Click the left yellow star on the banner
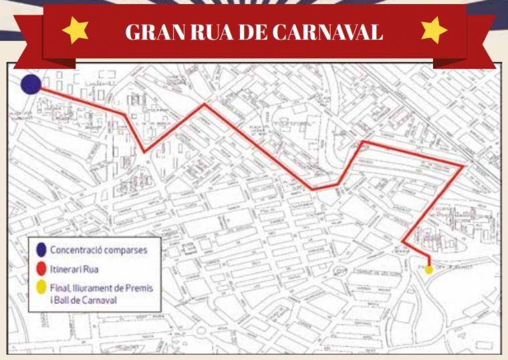pos(75,31)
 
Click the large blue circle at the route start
pos(31,85)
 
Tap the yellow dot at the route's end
pos(429,269)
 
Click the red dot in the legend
pos(41,268)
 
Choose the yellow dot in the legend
pos(41,288)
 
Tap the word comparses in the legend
pos(124,250)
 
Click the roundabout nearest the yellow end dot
pos(343,271)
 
